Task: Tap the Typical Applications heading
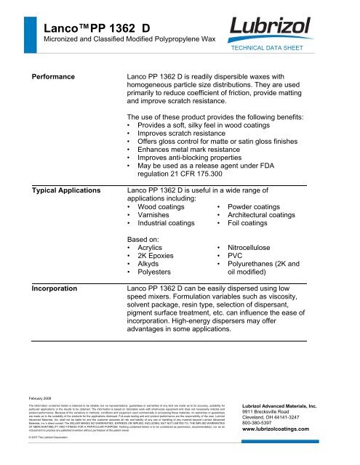pos(71,190)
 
